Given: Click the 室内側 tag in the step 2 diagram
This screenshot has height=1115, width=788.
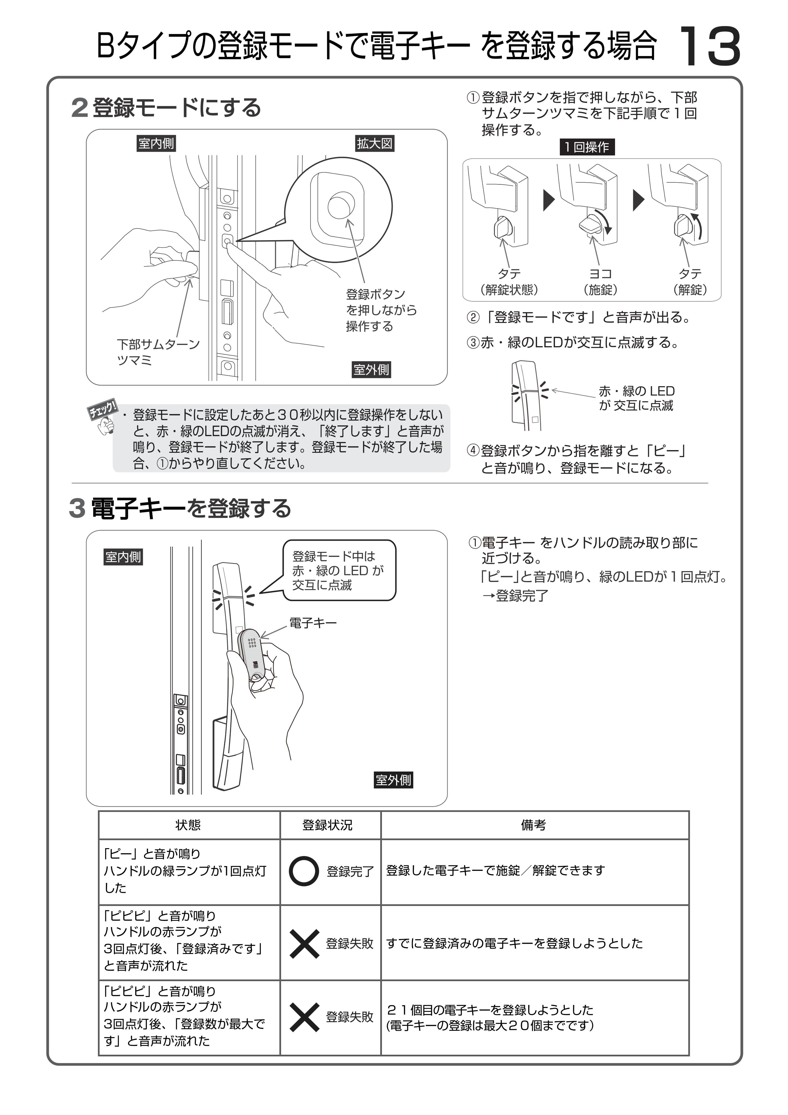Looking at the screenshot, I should [x=156, y=144].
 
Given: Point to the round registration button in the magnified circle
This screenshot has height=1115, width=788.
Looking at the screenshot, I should [x=341, y=206].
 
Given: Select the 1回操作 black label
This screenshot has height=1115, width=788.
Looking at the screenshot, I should [x=587, y=147].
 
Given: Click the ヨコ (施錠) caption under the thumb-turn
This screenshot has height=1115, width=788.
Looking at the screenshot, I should [x=600, y=282].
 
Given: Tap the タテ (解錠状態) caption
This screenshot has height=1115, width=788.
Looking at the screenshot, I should [x=509, y=282].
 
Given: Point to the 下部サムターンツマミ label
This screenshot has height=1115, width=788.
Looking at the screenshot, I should [x=158, y=352].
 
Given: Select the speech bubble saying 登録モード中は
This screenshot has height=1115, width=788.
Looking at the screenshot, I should [x=339, y=571].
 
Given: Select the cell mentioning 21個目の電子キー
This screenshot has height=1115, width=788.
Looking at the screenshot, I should [x=534, y=1018].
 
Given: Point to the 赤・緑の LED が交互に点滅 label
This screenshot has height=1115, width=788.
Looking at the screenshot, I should [x=636, y=398].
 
